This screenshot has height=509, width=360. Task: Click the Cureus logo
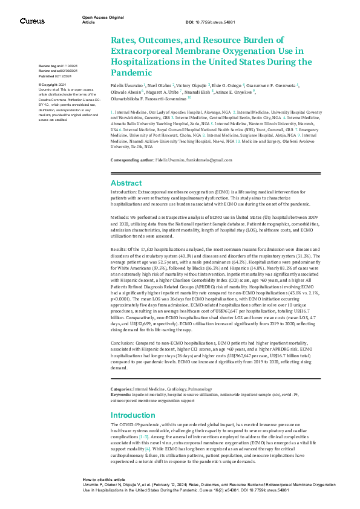(x=32, y=21)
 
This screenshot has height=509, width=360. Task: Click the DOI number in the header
(x=216, y=22)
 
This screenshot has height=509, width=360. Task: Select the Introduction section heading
(x=133, y=415)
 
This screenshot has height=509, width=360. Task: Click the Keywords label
(x=121, y=394)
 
